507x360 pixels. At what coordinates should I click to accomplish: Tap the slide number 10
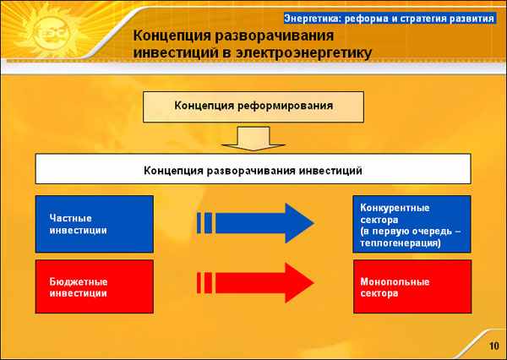point(494,346)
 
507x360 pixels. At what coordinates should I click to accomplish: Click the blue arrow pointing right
point(255,223)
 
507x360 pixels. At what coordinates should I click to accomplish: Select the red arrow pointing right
point(255,283)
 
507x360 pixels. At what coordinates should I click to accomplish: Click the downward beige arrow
point(253,139)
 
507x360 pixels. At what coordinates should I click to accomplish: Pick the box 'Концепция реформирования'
point(253,107)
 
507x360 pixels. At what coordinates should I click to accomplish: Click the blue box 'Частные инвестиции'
point(95,224)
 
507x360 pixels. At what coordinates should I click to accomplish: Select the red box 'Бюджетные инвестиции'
point(95,286)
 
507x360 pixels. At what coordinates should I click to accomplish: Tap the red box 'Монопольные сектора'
point(412,286)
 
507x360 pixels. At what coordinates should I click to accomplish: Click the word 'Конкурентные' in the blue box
point(395,208)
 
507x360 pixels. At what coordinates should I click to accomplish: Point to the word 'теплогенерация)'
point(401,243)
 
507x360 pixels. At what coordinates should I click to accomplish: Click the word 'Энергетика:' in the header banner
point(313,19)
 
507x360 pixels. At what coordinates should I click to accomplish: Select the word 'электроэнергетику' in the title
point(303,53)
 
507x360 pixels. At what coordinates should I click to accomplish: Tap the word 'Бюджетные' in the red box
point(79,281)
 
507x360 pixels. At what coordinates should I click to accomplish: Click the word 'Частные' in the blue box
point(70,218)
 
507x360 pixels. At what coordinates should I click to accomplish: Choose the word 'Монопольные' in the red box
point(395,281)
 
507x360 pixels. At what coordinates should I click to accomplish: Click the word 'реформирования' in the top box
point(286,106)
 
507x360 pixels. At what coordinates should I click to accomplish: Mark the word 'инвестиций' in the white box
point(330,171)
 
